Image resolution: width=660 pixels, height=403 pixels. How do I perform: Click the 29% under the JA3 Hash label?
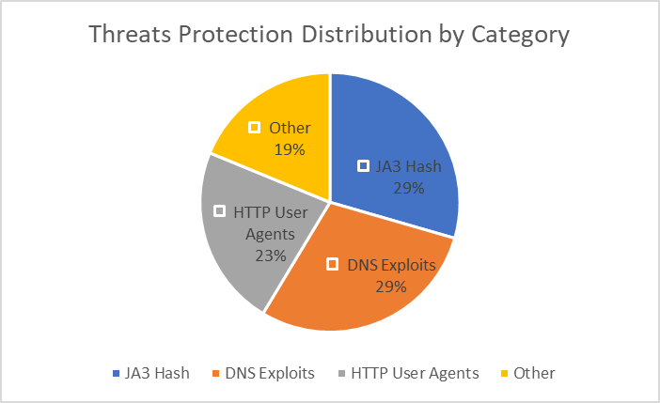[409, 187]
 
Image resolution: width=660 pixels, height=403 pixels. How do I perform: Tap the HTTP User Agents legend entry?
[415, 373]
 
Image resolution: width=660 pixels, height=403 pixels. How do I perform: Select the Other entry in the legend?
[534, 373]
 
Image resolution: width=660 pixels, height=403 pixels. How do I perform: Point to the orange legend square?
[218, 374]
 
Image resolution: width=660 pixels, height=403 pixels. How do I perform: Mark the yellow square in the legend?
[505, 374]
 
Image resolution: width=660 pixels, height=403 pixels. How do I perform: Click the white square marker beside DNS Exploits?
[332, 265]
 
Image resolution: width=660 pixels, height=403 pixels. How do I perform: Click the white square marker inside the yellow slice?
[254, 127]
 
